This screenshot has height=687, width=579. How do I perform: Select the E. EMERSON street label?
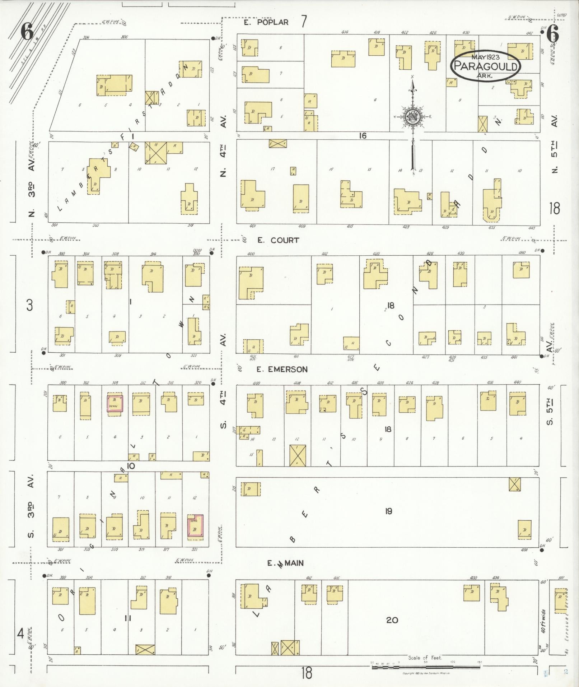(282, 369)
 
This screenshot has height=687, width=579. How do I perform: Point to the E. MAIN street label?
(285, 563)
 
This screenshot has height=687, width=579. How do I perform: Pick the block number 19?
(388, 511)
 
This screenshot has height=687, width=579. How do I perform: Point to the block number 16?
(363, 136)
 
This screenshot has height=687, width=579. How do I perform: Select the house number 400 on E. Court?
(251, 254)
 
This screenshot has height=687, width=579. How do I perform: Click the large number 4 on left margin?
(20, 633)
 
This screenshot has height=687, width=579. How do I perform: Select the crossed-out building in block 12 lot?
(298, 455)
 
